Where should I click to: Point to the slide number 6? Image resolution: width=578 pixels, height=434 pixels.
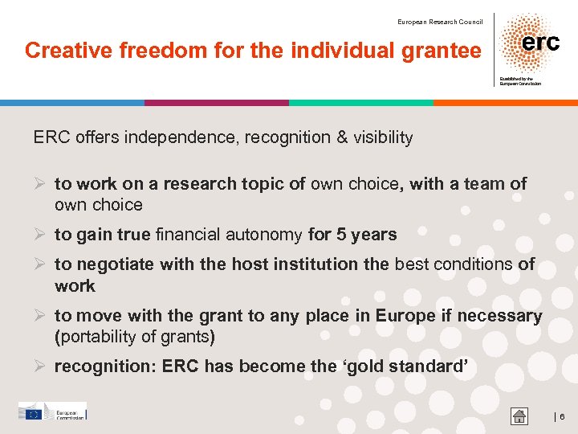pyautogui.click(x=562, y=416)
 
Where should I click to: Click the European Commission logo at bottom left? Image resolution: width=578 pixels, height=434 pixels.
pyautogui.click(x=52, y=412)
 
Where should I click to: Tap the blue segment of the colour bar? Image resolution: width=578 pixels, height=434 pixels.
pyautogui.click(x=72, y=103)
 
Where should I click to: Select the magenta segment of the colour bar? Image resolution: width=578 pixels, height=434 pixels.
pyautogui.click(x=217, y=103)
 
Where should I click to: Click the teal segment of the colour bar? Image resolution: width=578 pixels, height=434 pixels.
pyautogui.click(x=361, y=103)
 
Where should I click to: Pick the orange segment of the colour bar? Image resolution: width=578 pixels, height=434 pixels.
pyautogui.click(x=506, y=103)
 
